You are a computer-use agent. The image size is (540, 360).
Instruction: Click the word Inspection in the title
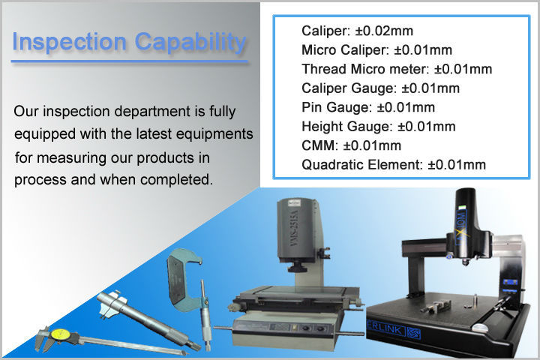69,42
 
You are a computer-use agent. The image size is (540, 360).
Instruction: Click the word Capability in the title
190,43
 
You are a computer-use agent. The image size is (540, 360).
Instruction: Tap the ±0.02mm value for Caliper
384,31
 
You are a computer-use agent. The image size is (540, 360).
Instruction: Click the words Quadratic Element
362,165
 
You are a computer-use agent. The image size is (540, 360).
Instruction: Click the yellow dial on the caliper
61,334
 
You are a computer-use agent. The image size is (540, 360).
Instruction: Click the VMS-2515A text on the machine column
294,228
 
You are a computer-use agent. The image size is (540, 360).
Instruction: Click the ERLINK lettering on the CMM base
386,328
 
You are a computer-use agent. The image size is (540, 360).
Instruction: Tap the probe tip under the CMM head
465,263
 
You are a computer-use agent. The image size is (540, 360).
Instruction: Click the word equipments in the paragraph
214,134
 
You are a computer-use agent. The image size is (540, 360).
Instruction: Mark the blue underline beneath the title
130,61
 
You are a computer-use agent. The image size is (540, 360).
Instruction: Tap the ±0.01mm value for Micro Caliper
423,50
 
